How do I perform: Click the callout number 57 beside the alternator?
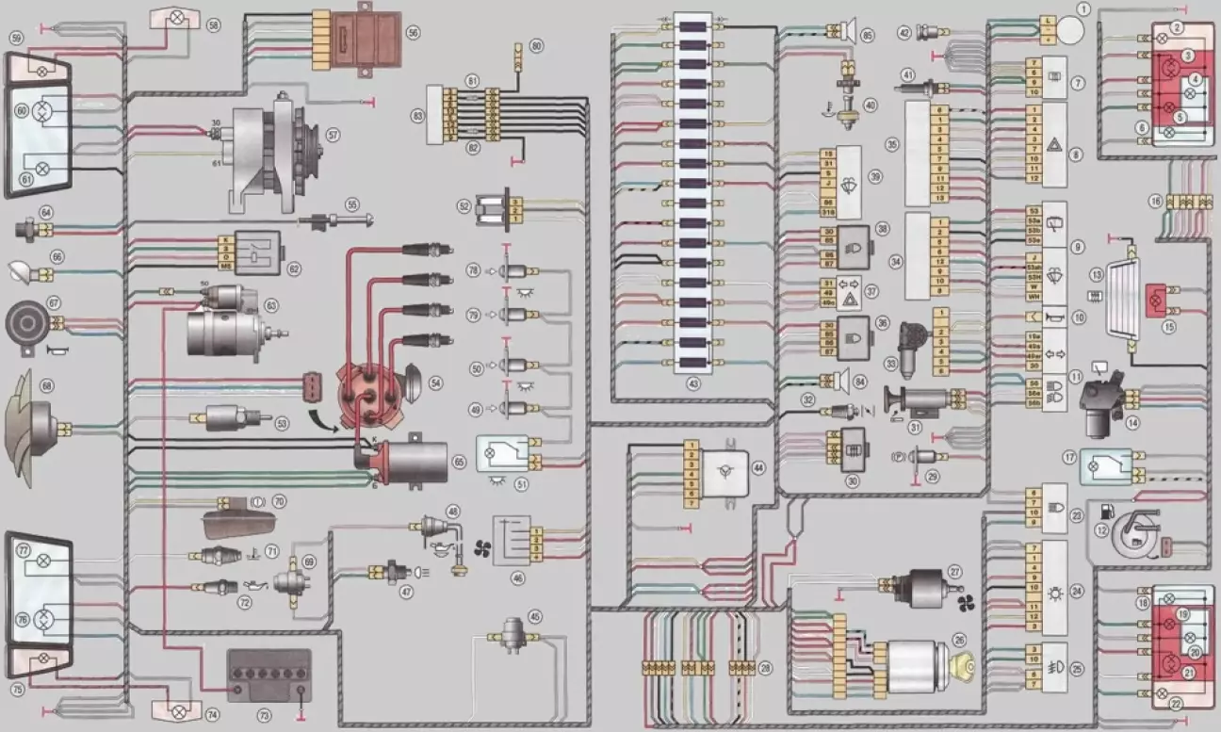click(333, 135)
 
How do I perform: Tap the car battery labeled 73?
click(269, 676)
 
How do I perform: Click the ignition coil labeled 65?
click(412, 462)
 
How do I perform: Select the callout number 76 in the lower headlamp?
click(19, 620)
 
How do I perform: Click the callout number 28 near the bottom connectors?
click(765, 668)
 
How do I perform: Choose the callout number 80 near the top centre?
click(536, 44)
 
